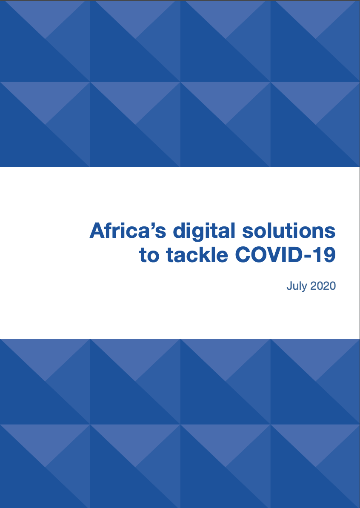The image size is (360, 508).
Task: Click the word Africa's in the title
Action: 128,231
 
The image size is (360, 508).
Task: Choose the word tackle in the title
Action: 197,255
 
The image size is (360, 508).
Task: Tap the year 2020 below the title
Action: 323,286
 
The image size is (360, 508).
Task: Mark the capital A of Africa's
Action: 98,231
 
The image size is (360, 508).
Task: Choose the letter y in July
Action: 305,288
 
